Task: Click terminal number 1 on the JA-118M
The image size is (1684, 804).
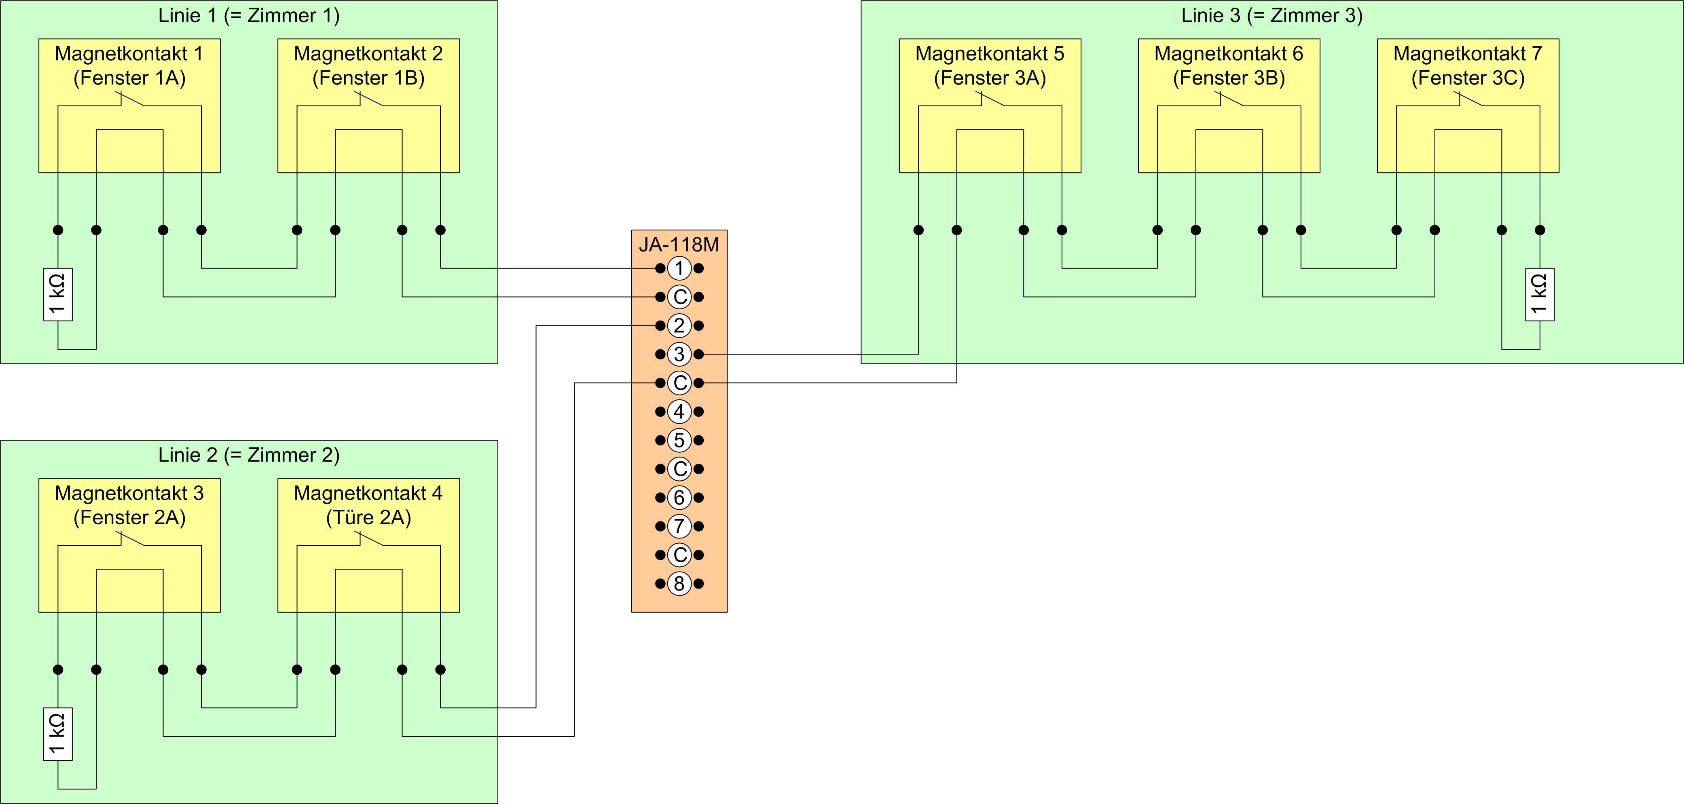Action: coord(679,268)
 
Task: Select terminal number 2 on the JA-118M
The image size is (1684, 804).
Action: coord(679,325)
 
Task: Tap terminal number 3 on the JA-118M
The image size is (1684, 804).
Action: coord(679,354)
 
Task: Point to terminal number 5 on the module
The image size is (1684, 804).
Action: coord(679,440)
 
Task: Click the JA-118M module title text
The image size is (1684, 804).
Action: coord(679,245)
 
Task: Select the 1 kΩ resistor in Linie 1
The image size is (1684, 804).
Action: coord(57,294)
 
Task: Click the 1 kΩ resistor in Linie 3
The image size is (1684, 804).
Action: coord(1540,294)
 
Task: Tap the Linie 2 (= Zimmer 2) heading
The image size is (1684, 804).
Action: coord(249,455)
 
